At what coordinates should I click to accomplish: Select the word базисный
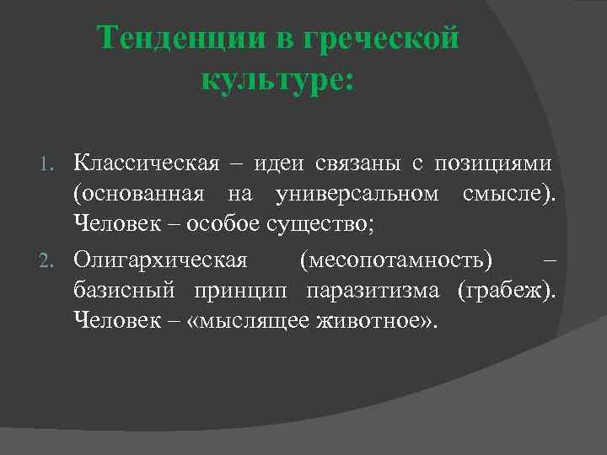pos(125,289)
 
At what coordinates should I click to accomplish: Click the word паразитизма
pos(374,289)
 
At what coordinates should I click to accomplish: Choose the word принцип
pos(239,289)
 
